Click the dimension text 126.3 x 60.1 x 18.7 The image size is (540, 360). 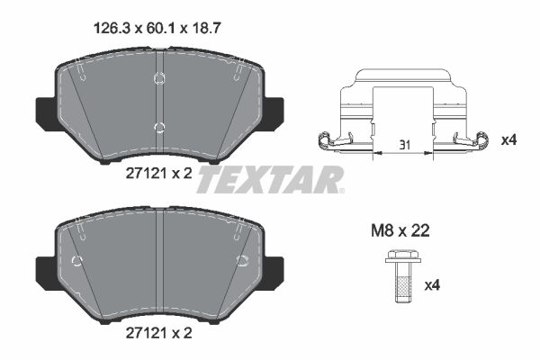(x=157, y=28)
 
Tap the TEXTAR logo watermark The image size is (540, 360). (x=270, y=179)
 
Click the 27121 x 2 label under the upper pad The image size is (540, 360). (x=158, y=174)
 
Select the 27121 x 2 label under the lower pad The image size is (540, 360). (x=158, y=333)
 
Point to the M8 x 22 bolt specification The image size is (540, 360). (x=400, y=230)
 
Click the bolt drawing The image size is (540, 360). (x=403, y=276)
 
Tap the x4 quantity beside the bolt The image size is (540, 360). (x=432, y=285)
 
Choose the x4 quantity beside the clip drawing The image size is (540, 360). (x=509, y=140)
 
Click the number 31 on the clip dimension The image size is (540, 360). (x=405, y=145)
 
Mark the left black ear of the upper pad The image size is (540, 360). (x=46, y=113)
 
